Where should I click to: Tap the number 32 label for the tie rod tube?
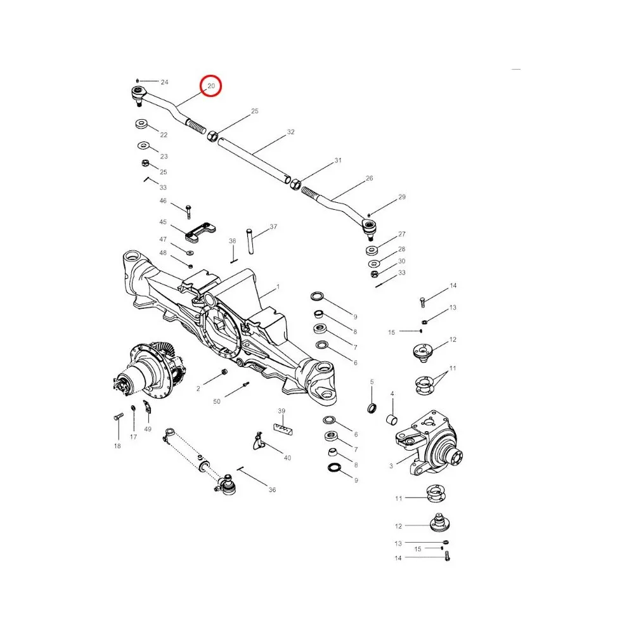click(x=290, y=133)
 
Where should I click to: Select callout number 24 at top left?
click(x=164, y=82)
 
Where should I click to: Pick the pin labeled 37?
click(x=252, y=240)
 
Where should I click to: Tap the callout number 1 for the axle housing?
click(x=276, y=288)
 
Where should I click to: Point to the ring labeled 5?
click(x=373, y=406)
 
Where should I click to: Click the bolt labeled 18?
click(x=119, y=418)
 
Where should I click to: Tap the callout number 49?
click(x=148, y=429)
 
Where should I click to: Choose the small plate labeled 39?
click(x=283, y=429)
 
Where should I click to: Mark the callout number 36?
click(x=272, y=489)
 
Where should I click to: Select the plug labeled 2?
click(x=223, y=373)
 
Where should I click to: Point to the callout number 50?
click(x=217, y=402)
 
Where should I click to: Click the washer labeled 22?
click(x=140, y=123)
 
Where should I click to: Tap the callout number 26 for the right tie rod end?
click(x=369, y=179)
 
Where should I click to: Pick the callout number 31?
click(x=338, y=160)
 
